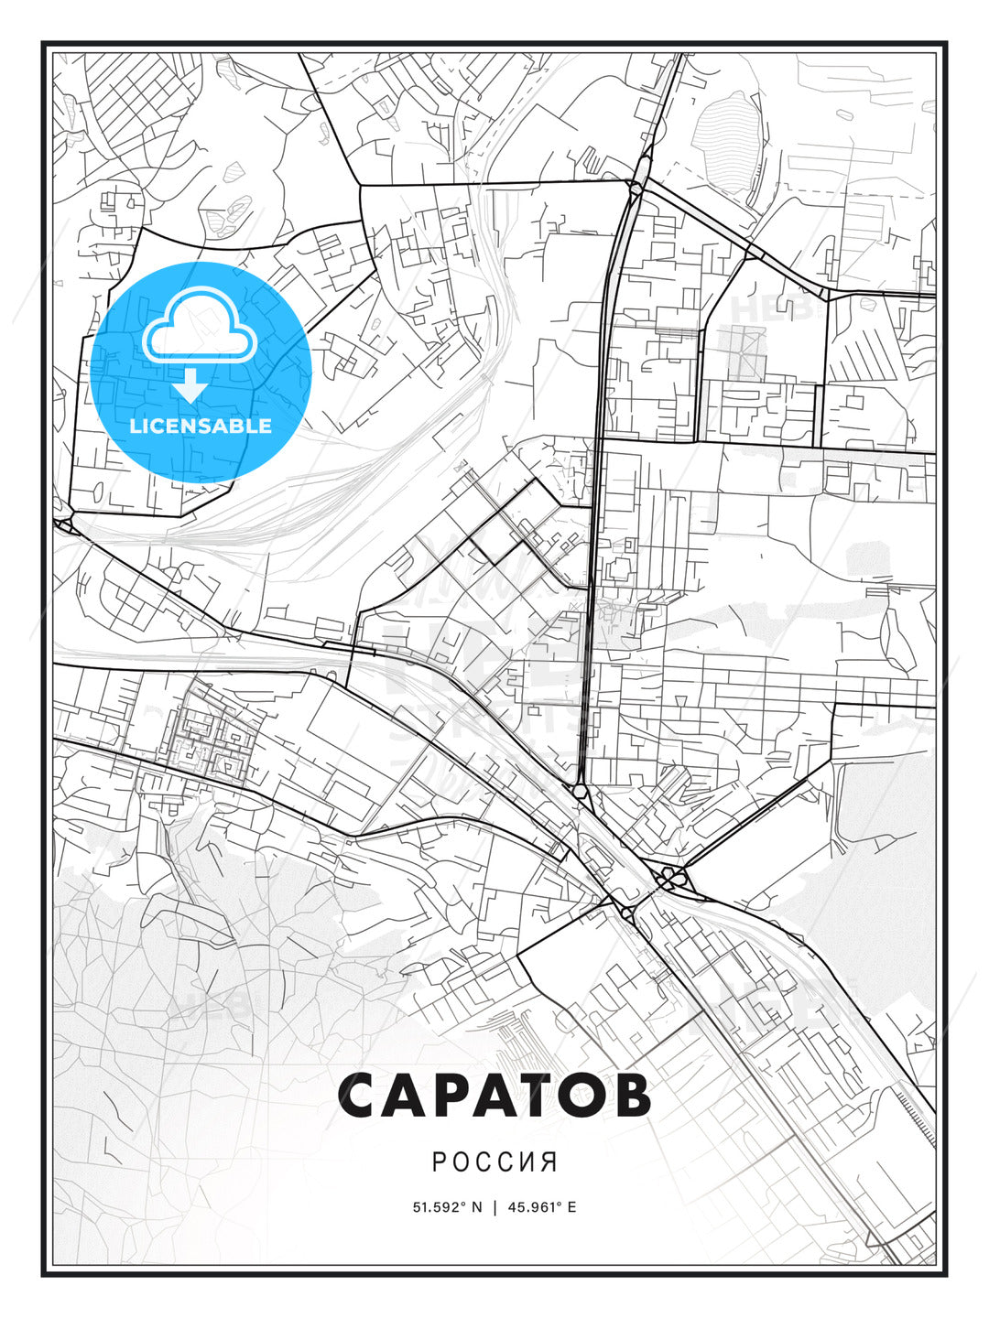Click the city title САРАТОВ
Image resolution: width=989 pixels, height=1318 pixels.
[494, 1096]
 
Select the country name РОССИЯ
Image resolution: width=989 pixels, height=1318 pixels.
[494, 1161]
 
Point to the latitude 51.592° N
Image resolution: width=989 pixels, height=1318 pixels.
[447, 1206]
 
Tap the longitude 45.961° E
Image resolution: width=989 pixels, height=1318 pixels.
[540, 1206]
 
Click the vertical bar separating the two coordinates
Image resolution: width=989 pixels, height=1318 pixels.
[494, 1206]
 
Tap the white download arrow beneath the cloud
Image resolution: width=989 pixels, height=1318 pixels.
[191, 387]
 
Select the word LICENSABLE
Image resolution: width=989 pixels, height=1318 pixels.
[201, 426]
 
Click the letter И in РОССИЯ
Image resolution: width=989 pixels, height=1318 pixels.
[527, 1161]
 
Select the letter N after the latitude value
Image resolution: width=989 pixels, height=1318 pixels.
[477, 1206]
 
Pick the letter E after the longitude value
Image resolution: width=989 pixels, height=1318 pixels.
[572, 1206]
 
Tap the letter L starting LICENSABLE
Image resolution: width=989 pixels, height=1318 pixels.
[135, 426]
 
